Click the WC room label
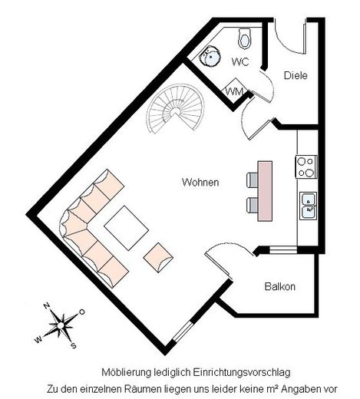click(x=240, y=62)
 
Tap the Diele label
click(x=296, y=75)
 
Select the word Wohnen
click(x=200, y=183)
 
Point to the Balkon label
click(x=280, y=286)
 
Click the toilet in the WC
click(x=245, y=38)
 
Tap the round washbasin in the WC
click(x=210, y=56)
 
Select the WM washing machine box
click(x=235, y=90)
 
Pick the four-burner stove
click(x=306, y=167)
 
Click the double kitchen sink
click(x=309, y=206)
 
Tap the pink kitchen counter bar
click(x=265, y=191)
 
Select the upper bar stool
click(x=252, y=180)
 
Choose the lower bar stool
click(x=252, y=205)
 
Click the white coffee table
click(x=127, y=228)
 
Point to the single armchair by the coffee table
click(x=158, y=258)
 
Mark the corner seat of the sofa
click(x=74, y=222)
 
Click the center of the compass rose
click(x=61, y=325)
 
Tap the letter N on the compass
click(x=46, y=306)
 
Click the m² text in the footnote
click(x=272, y=389)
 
